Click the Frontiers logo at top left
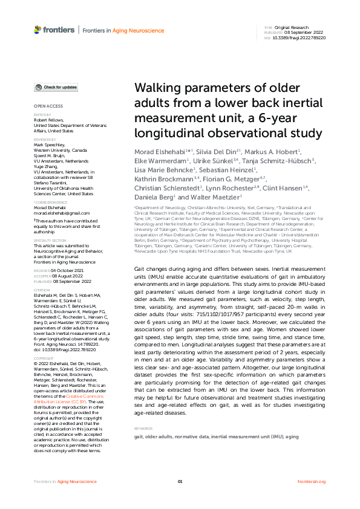pos(54,30)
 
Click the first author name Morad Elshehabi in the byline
pos(154,150)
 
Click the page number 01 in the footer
pos(180,481)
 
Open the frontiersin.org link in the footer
pos(312,481)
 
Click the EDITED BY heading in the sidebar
pos(42,114)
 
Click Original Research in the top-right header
pos(292,28)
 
